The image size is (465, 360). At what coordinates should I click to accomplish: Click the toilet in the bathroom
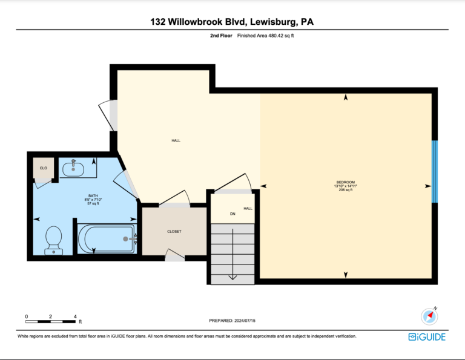(x=54, y=240)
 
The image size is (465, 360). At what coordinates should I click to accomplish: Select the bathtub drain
(x=125, y=239)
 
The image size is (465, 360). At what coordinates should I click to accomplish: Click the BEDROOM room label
(x=346, y=182)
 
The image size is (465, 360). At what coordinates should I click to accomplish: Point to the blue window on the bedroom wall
(x=435, y=172)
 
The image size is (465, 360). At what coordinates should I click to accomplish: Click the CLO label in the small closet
(x=44, y=168)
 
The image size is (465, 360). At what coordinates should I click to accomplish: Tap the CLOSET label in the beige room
(x=174, y=231)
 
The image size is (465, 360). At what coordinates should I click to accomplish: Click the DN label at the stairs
(x=232, y=214)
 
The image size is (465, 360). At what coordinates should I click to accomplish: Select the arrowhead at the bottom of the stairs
(x=232, y=277)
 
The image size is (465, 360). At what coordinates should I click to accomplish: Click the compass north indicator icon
(x=429, y=316)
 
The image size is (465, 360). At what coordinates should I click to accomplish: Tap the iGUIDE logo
(x=427, y=337)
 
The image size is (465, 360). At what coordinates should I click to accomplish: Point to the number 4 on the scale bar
(x=75, y=316)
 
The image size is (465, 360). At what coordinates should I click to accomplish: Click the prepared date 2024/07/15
(x=245, y=321)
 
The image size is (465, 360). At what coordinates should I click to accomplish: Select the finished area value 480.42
(x=276, y=36)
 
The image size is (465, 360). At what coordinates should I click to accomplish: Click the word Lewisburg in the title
(x=274, y=22)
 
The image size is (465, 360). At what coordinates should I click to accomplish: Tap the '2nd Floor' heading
(x=221, y=36)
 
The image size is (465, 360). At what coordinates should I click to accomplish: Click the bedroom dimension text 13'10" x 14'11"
(x=346, y=186)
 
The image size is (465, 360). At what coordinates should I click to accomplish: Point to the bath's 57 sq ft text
(x=93, y=203)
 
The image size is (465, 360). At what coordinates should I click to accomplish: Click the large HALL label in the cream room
(x=176, y=140)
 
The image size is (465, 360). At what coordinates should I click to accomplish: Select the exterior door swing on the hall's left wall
(x=106, y=116)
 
